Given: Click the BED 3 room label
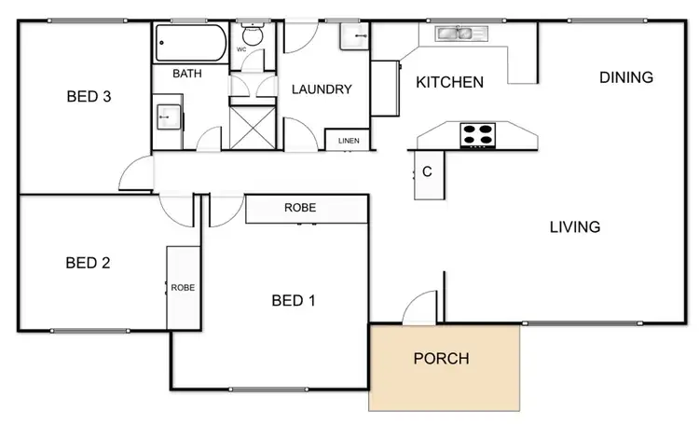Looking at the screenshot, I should click(89, 96).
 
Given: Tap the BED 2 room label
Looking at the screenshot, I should click(88, 263).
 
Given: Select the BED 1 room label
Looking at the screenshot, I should click(294, 300).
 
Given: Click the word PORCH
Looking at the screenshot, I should click(441, 358).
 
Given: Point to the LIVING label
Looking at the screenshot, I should click(574, 226).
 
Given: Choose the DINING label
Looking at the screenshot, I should click(625, 77).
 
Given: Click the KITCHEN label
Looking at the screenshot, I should click(449, 82).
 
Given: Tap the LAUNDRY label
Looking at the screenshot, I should click(322, 89).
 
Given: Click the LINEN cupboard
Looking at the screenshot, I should click(349, 141).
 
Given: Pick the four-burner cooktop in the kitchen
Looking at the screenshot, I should click(477, 134).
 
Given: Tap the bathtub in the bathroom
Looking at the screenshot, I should click(190, 42).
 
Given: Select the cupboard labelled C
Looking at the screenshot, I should click(428, 173).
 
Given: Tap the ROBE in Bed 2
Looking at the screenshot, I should click(183, 287).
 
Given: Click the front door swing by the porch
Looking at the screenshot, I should click(421, 308).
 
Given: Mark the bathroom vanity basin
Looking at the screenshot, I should click(169, 116).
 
